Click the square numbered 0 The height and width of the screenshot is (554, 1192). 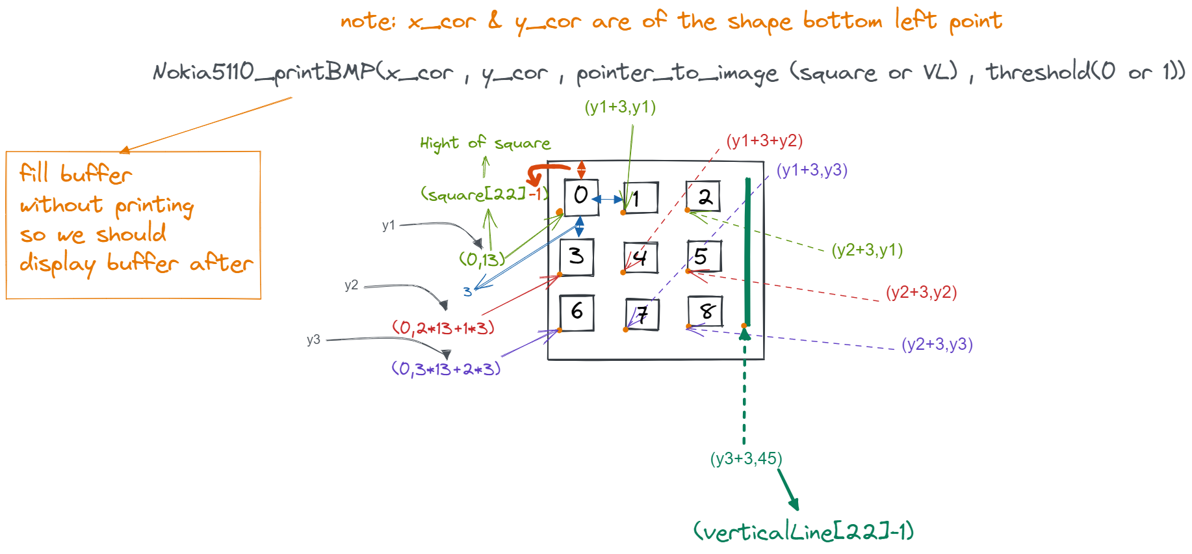(581, 197)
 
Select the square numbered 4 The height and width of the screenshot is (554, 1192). (640, 258)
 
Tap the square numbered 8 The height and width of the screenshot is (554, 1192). (705, 311)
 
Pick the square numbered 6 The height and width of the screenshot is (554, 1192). (577, 313)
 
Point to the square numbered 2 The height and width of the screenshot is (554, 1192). (703, 196)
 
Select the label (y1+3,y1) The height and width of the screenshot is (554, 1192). (620, 107)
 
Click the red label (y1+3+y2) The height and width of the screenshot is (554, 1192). (764, 140)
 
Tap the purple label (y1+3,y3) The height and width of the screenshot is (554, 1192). (812, 170)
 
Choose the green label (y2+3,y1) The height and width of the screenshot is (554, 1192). (867, 250)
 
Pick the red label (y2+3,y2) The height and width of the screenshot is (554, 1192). (921, 292)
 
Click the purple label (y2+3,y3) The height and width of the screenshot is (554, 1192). (937, 344)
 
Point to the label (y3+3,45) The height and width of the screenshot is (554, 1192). (746, 458)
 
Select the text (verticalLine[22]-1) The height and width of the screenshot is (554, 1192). (803, 532)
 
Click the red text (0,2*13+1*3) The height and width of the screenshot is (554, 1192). (443, 328)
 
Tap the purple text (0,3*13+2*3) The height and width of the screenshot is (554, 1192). (446, 369)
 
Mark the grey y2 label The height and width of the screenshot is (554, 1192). (351, 285)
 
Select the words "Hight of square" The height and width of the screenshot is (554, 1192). (485, 143)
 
